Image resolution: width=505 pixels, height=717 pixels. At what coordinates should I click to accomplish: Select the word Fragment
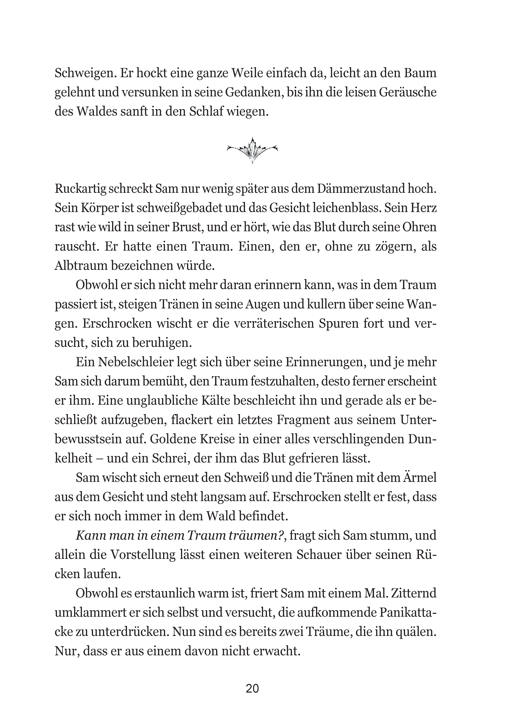[303, 420]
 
